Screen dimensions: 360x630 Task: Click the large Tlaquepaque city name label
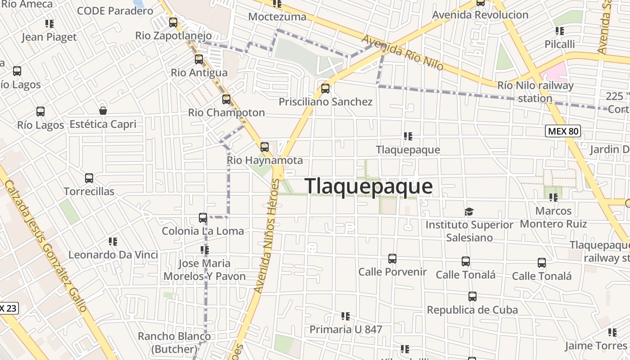pyautogui.click(x=369, y=186)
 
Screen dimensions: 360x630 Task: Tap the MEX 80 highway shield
pyautogui.click(x=563, y=131)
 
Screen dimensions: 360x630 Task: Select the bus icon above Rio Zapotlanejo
pyautogui.click(x=173, y=22)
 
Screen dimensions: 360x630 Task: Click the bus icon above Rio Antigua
pyautogui.click(x=199, y=59)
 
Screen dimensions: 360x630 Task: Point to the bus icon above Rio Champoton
pyautogui.click(x=226, y=99)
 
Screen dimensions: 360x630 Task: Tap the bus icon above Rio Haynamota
pyautogui.click(x=265, y=147)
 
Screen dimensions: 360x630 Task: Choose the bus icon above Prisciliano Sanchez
pyautogui.click(x=325, y=88)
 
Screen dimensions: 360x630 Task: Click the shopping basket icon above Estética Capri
pyautogui.click(x=103, y=111)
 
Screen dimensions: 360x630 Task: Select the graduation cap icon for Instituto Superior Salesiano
pyautogui.click(x=469, y=211)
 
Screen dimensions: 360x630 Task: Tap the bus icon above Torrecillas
pyautogui.click(x=89, y=178)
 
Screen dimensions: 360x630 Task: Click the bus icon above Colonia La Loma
pyautogui.click(x=203, y=218)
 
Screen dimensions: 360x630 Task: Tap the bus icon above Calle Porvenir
pyautogui.click(x=392, y=259)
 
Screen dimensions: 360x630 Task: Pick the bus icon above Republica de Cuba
pyautogui.click(x=472, y=297)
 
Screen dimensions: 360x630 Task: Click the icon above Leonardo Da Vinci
pyautogui.click(x=113, y=242)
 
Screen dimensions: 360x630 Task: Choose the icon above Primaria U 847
pyautogui.click(x=346, y=316)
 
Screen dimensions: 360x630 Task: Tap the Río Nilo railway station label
pyautogui.click(x=535, y=92)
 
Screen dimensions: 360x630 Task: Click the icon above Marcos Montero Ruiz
pyautogui.click(x=553, y=197)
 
